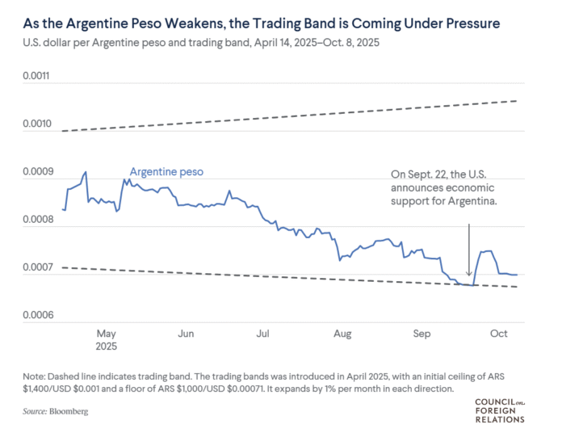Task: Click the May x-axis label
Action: tap(107, 333)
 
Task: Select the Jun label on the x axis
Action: tap(185, 333)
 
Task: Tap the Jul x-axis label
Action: tap(262, 333)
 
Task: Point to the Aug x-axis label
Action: tap(342, 333)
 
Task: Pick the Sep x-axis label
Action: tap(421, 333)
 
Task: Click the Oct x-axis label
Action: tap(498, 333)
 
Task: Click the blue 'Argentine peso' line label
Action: tap(167, 172)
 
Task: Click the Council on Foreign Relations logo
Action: tap(499, 410)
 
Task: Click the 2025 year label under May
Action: tap(107, 346)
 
